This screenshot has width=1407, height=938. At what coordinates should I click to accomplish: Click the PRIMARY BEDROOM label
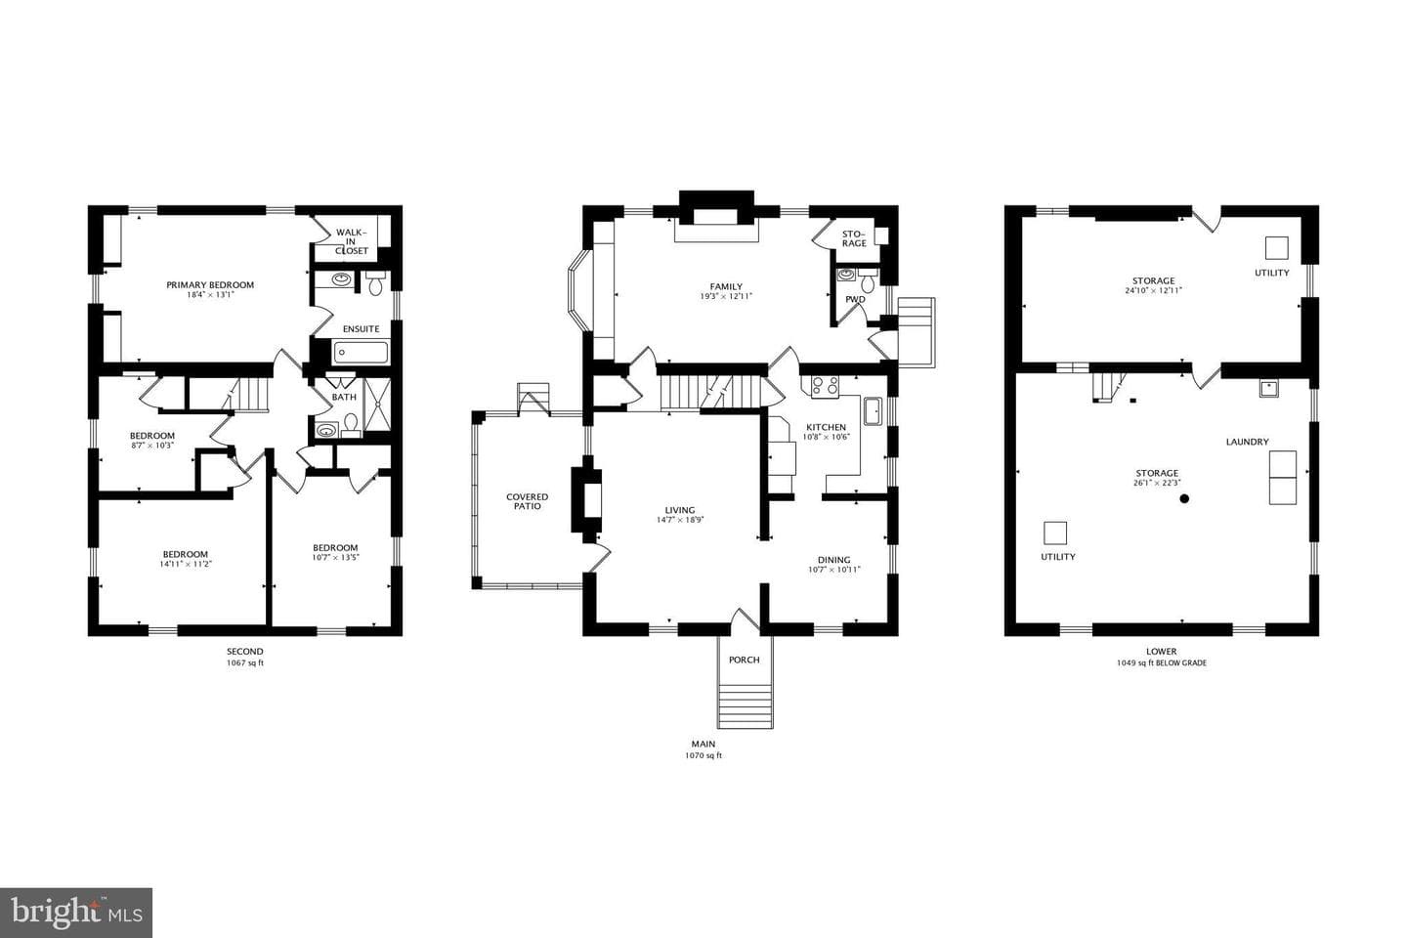point(210,284)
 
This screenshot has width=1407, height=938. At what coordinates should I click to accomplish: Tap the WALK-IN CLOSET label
point(351,241)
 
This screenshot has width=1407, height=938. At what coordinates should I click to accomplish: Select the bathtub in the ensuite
point(361,353)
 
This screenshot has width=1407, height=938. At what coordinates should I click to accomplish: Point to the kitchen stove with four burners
point(824,386)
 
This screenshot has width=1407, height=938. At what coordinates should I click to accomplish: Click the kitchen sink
point(873,411)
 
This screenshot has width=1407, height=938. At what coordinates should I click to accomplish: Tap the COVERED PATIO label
point(527,501)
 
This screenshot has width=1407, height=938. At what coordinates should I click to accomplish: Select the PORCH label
point(745,660)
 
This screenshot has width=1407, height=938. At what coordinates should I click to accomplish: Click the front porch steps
point(745,706)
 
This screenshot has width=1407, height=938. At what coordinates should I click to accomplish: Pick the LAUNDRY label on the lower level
point(1248,442)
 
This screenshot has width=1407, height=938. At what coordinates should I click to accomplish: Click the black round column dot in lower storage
point(1184,499)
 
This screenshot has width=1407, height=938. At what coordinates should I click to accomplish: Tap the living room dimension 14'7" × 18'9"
point(680,520)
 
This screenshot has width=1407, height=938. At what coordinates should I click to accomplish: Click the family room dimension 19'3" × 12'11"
point(726,296)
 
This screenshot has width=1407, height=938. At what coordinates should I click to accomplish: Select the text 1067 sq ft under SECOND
point(245,662)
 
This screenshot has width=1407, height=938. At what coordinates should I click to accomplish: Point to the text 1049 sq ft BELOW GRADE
point(1162,662)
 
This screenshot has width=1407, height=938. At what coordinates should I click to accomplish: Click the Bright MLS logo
point(76,913)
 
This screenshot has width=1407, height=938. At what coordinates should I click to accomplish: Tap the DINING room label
point(834,560)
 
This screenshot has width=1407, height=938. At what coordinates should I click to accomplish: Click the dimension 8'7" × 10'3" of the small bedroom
point(152,446)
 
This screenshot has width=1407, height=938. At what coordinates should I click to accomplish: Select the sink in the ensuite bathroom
point(342,278)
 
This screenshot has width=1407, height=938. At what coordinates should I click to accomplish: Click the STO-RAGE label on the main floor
point(854,238)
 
